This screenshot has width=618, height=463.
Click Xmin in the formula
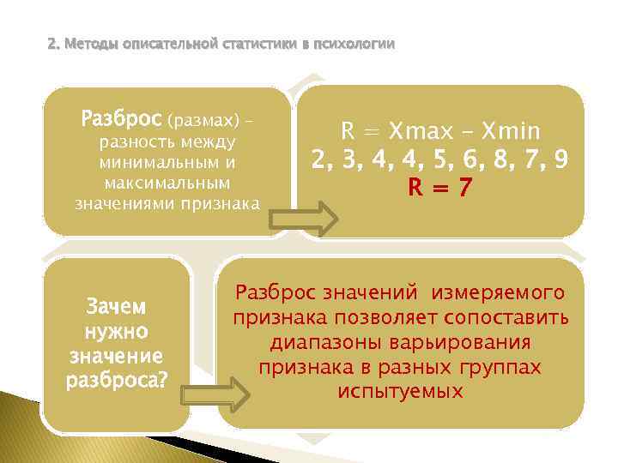(512, 131)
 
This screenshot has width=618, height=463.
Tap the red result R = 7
(441, 186)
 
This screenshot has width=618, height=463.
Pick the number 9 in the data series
(560, 159)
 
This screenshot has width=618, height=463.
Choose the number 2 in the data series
(320, 159)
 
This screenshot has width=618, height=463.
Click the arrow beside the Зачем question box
(214, 394)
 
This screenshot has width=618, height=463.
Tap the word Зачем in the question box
(117, 307)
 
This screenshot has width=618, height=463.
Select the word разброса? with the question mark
(117, 381)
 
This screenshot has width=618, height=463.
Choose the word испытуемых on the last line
(401, 391)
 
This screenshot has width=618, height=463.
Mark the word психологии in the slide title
(352, 44)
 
